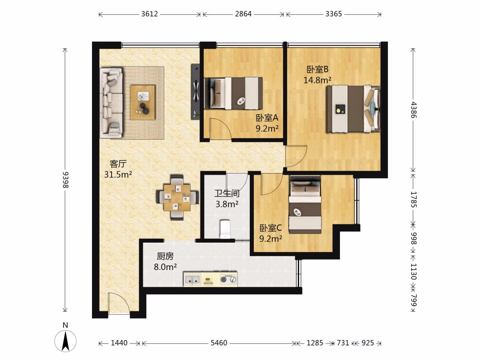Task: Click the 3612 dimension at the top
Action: coord(149,14)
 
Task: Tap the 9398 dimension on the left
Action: coord(65,180)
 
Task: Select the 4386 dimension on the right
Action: coord(413,110)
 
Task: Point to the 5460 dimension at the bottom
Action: coord(219,343)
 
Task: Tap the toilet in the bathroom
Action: coord(225,229)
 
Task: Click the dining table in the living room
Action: coord(176,197)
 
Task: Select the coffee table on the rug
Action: coord(142,102)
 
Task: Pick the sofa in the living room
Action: coord(111,103)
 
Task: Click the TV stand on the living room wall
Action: coord(195,91)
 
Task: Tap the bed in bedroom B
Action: coord(353,109)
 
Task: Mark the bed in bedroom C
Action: coord(305,204)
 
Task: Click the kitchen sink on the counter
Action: coord(192,280)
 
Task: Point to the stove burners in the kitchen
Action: coord(229,280)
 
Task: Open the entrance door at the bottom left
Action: coord(119,303)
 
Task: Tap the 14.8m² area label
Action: coord(317,80)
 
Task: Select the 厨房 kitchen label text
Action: coord(165,256)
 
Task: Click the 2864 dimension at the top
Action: coord(244,14)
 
